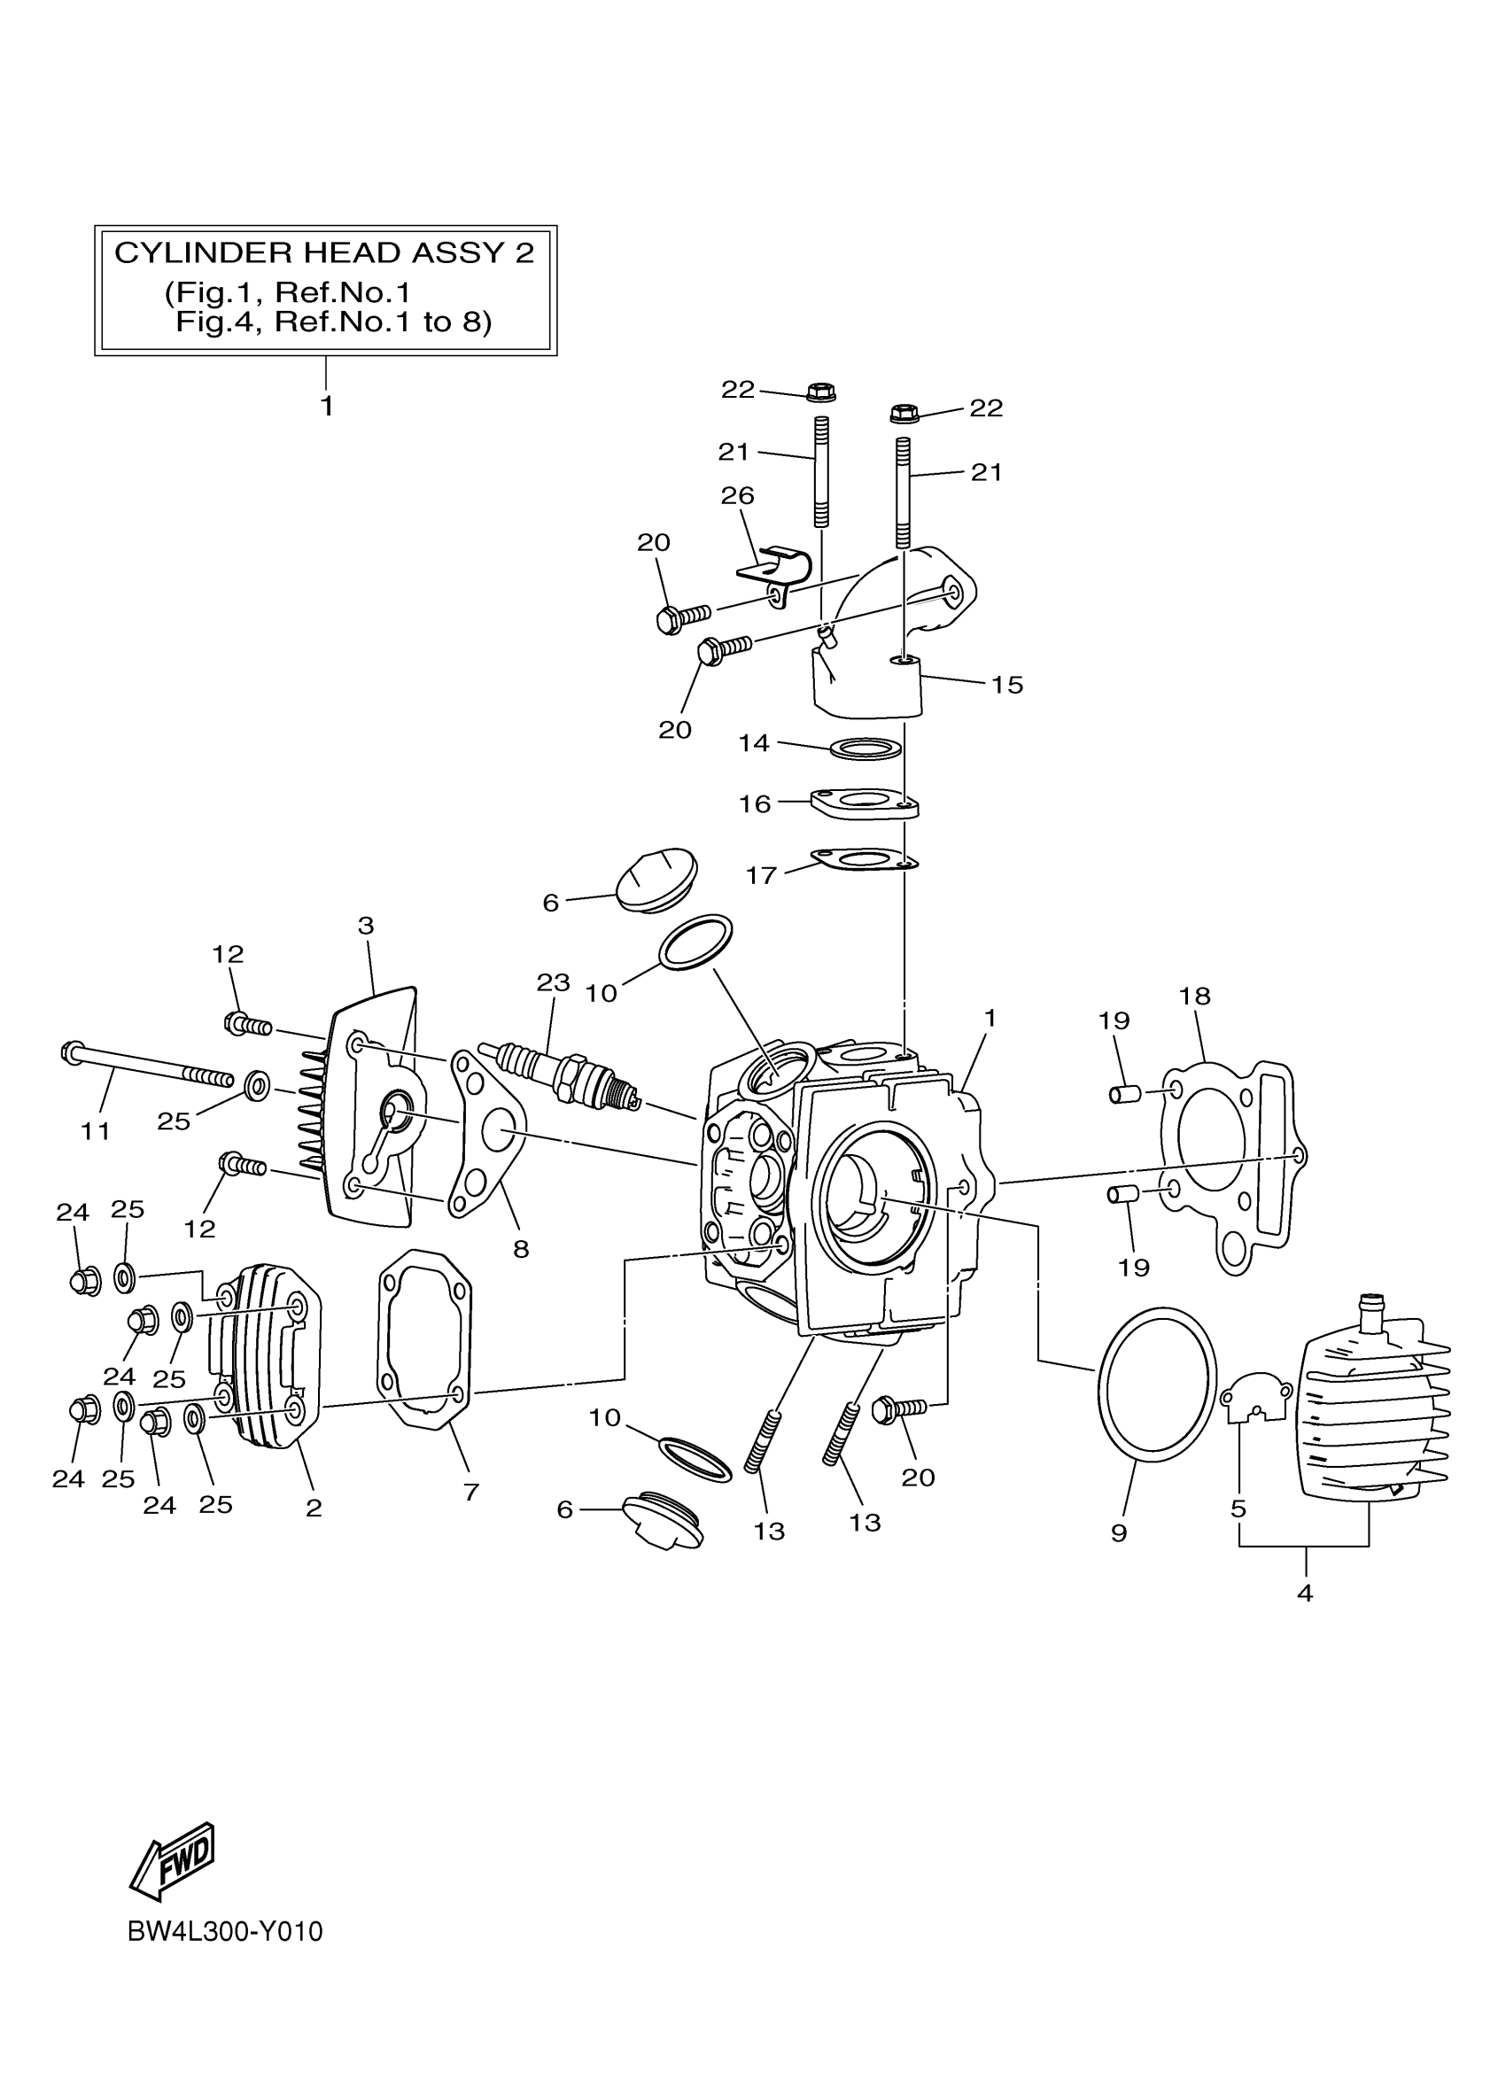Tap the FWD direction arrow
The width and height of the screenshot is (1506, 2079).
pos(175,1860)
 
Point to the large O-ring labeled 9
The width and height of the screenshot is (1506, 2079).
pos(1157,1385)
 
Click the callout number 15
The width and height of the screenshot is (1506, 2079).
pos(1006,686)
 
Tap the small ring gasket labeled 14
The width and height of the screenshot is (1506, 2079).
pos(865,749)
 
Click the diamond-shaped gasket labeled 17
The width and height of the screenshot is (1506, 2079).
pos(865,860)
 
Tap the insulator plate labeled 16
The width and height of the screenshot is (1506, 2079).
pos(865,803)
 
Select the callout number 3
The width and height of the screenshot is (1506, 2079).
pos(366,926)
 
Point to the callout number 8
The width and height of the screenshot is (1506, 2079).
pos(521,1248)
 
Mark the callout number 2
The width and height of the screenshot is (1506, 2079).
pos(314,1508)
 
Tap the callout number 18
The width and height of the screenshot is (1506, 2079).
pos(1194,996)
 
